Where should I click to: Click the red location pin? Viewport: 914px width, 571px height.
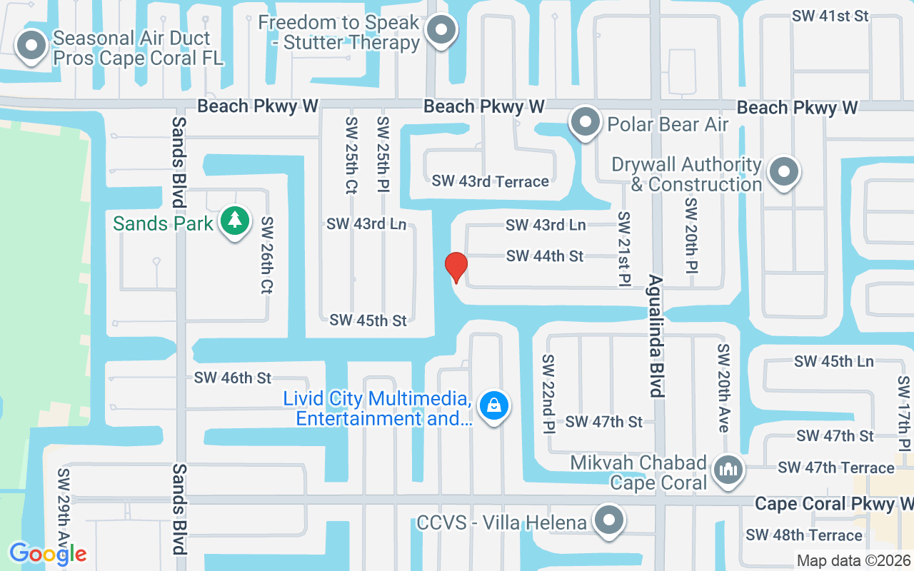[456, 267]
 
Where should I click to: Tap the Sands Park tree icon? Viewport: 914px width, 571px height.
[234, 222]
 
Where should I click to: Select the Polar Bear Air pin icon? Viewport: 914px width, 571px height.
[586, 123]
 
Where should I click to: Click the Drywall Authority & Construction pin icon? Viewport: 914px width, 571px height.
[785, 172]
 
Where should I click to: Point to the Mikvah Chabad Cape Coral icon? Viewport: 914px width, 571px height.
[728, 469]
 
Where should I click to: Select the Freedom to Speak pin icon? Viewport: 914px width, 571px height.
[441, 30]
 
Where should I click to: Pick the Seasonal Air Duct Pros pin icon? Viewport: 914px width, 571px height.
[31, 46]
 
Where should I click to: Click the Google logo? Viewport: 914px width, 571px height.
[48, 553]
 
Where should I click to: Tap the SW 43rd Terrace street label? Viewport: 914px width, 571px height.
[490, 181]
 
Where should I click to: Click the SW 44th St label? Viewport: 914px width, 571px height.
[545, 256]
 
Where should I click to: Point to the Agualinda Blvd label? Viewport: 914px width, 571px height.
[656, 335]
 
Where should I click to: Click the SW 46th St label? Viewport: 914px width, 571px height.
[233, 378]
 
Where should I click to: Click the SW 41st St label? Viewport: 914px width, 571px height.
[829, 16]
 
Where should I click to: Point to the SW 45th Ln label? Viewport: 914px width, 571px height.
[833, 361]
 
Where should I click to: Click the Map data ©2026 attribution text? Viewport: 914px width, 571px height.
[853, 561]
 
